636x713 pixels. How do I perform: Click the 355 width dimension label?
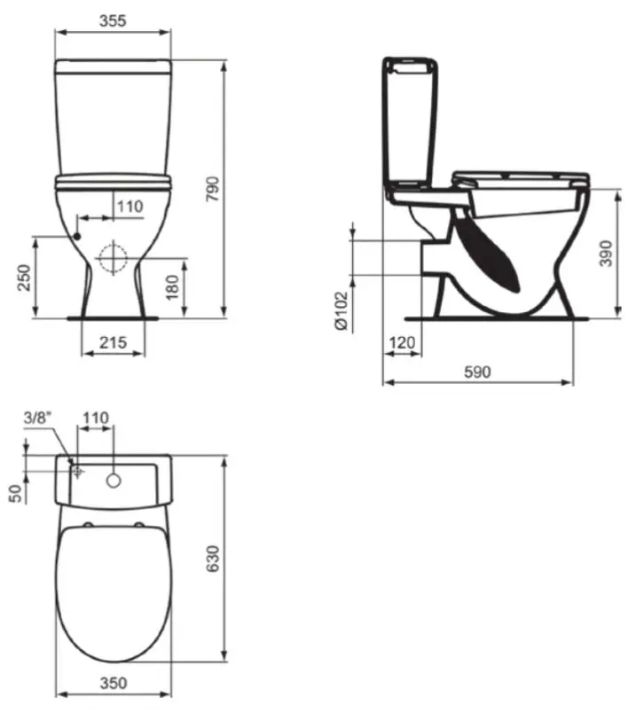coord(113,20)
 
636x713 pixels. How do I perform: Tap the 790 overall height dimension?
coord(213,189)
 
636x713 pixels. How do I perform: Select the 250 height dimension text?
coord(24,278)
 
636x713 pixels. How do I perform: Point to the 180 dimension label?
coord(172,287)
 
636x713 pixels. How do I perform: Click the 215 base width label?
coord(114,342)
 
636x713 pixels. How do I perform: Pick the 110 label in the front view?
coord(130,207)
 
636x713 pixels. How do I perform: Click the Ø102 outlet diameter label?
coord(342,311)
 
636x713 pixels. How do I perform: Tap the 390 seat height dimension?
coord(606,254)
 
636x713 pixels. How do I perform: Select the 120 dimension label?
coord(402,342)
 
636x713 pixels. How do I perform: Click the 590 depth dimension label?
coord(478,372)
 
